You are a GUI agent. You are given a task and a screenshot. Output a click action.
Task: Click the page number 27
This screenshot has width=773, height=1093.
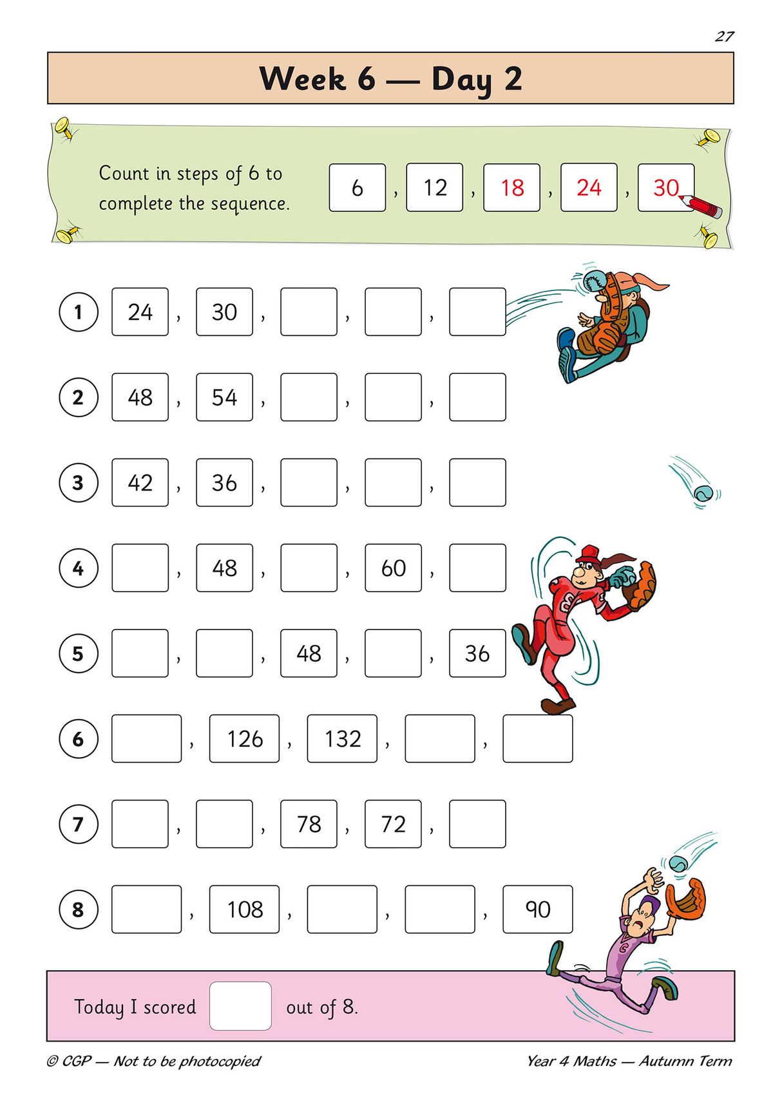click(724, 37)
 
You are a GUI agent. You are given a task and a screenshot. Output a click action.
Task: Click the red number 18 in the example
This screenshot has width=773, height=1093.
click(512, 188)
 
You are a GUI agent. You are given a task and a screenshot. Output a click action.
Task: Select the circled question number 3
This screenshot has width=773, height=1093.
click(78, 483)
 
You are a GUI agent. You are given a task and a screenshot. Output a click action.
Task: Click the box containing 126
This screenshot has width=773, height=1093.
click(244, 739)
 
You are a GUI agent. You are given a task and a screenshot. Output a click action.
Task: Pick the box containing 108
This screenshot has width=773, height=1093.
click(244, 910)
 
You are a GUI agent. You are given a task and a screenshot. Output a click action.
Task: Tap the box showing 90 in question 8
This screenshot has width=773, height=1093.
click(537, 910)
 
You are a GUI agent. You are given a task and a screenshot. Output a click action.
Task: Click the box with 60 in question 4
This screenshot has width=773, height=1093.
click(393, 568)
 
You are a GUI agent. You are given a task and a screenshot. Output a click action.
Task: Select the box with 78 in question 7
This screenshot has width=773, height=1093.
click(309, 824)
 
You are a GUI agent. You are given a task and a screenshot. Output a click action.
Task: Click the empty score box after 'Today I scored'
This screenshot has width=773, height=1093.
click(240, 1006)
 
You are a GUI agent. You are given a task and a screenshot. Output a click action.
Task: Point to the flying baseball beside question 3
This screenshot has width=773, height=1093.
click(703, 494)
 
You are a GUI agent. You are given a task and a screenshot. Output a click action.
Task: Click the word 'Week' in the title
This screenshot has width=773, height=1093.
click(302, 79)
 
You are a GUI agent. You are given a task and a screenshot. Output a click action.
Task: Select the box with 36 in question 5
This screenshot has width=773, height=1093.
click(477, 653)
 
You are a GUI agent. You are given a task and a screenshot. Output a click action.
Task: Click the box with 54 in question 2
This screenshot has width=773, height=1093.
click(224, 397)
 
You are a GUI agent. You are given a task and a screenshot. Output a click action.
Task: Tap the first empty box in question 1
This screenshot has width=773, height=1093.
click(309, 312)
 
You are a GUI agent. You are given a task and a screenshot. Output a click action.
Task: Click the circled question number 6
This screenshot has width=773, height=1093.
click(78, 739)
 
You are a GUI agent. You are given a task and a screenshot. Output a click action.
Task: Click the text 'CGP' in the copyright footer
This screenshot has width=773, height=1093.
click(76, 1061)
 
